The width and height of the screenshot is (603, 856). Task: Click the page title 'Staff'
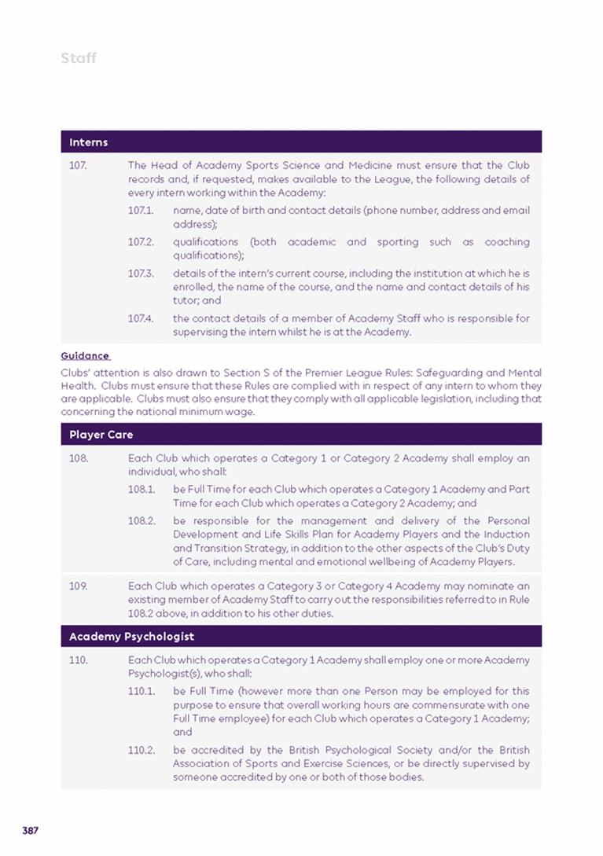coord(78,58)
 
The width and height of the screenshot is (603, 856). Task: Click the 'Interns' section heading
coord(88,142)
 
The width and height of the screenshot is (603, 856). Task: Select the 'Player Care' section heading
coord(101,435)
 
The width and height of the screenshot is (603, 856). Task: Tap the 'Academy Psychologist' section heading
coord(131,636)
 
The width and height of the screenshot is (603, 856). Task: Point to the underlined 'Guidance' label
coord(85,356)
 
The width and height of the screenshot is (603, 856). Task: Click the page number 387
coord(31,831)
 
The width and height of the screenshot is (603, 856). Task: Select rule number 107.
coord(78,166)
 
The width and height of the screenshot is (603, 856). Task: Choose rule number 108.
coord(78,458)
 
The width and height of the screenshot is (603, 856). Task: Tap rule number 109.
coord(78,586)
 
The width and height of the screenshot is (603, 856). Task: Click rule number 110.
coord(78,660)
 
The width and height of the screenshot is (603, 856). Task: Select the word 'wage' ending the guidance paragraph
coord(241,412)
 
